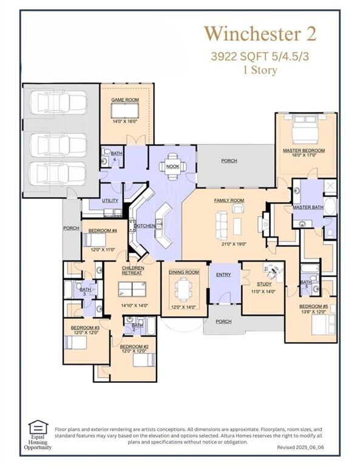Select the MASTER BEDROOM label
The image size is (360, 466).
[x=304, y=150]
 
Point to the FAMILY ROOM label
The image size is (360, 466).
[x=229, y=200]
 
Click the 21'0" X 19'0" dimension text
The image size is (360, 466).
[x=229, y=243]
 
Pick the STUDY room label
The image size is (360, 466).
[x=264, y=283]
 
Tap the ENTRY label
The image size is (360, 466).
[x=223, y=275]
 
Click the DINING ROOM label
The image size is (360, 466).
[x=184, y=272]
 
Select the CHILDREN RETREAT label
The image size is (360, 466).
[x=133, y=270]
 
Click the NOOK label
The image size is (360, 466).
[x=172, y=166]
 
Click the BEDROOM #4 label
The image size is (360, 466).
[x=103, y=231]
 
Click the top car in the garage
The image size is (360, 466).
[x=58, y=103]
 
